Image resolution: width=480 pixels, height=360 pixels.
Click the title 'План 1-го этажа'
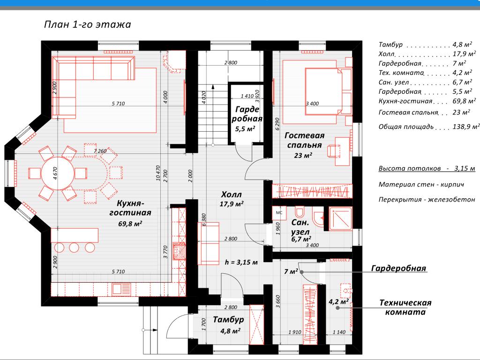pos(88,24)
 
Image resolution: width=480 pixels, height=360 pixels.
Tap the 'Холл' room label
pos(232,195)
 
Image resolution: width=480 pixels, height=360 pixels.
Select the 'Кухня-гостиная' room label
pos(130,208)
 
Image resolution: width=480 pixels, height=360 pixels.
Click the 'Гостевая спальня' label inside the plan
pos(305,140)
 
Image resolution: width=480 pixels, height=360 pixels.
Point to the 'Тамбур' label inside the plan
pos(228,320)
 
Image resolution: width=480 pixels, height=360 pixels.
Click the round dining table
pos(58,173)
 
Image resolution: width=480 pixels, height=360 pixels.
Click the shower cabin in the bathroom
pos(340,218)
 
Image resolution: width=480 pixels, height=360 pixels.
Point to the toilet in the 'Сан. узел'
pos(299,212)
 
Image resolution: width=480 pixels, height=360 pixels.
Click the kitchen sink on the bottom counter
pos(121,289)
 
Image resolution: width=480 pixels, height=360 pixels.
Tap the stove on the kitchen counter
pos(179,251)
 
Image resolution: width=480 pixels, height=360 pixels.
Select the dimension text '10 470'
pos(158,173)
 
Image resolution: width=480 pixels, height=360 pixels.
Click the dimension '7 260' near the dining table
pos(100,151)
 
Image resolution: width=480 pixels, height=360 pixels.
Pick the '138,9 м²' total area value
pos(466,127)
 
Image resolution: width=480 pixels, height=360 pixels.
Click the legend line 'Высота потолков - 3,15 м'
pos(427,168)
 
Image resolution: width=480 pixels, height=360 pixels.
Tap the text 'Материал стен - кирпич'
pos(421,185)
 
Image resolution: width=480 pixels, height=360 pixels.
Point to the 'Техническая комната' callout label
pos(405,307)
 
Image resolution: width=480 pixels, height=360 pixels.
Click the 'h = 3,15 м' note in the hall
pos(241,262)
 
